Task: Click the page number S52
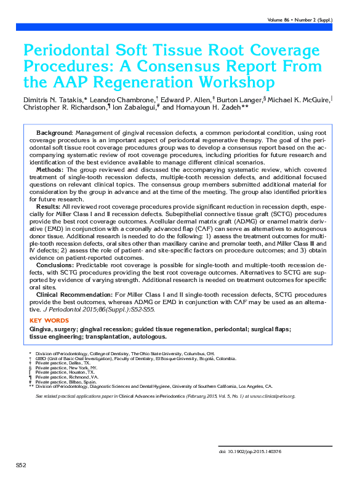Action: coord(20,463)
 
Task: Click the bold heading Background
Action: coord(54,133)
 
